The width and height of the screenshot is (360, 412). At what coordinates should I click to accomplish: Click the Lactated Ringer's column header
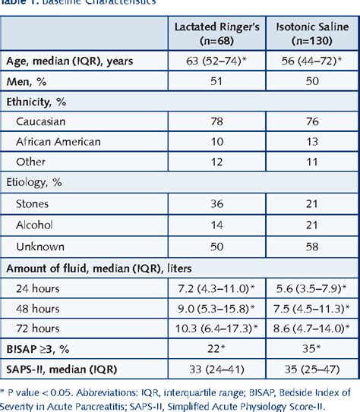218,32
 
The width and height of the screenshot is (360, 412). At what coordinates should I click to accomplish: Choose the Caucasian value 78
218,121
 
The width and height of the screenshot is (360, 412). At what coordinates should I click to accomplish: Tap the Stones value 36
218,202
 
